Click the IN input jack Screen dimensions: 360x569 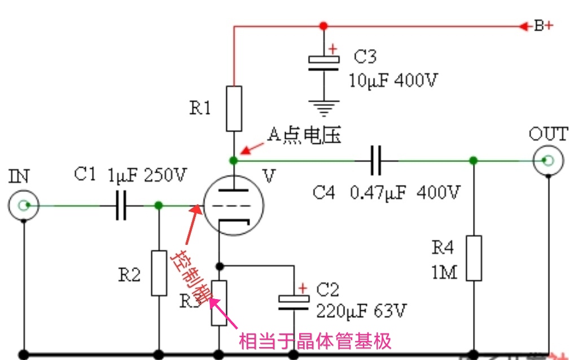pos(23,205)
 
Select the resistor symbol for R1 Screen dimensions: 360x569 pos(234,109)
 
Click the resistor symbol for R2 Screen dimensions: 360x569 pos(159,273)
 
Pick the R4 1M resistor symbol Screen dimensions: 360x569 pos(474,258)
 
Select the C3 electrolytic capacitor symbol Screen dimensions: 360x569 pos(323,63)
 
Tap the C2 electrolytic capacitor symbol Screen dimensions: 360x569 pos(294,303)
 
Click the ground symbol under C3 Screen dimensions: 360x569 pos(323,106)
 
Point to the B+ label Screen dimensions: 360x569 pos(544,26)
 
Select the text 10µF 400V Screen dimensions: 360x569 pos(393,80)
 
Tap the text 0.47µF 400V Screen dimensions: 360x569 pos(406,193)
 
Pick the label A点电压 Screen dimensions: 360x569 pos(304,135)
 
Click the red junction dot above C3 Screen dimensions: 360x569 pos(323,26)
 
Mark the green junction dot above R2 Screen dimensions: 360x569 pos(159,206)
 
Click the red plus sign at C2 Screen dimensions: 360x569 pos(303,288)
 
